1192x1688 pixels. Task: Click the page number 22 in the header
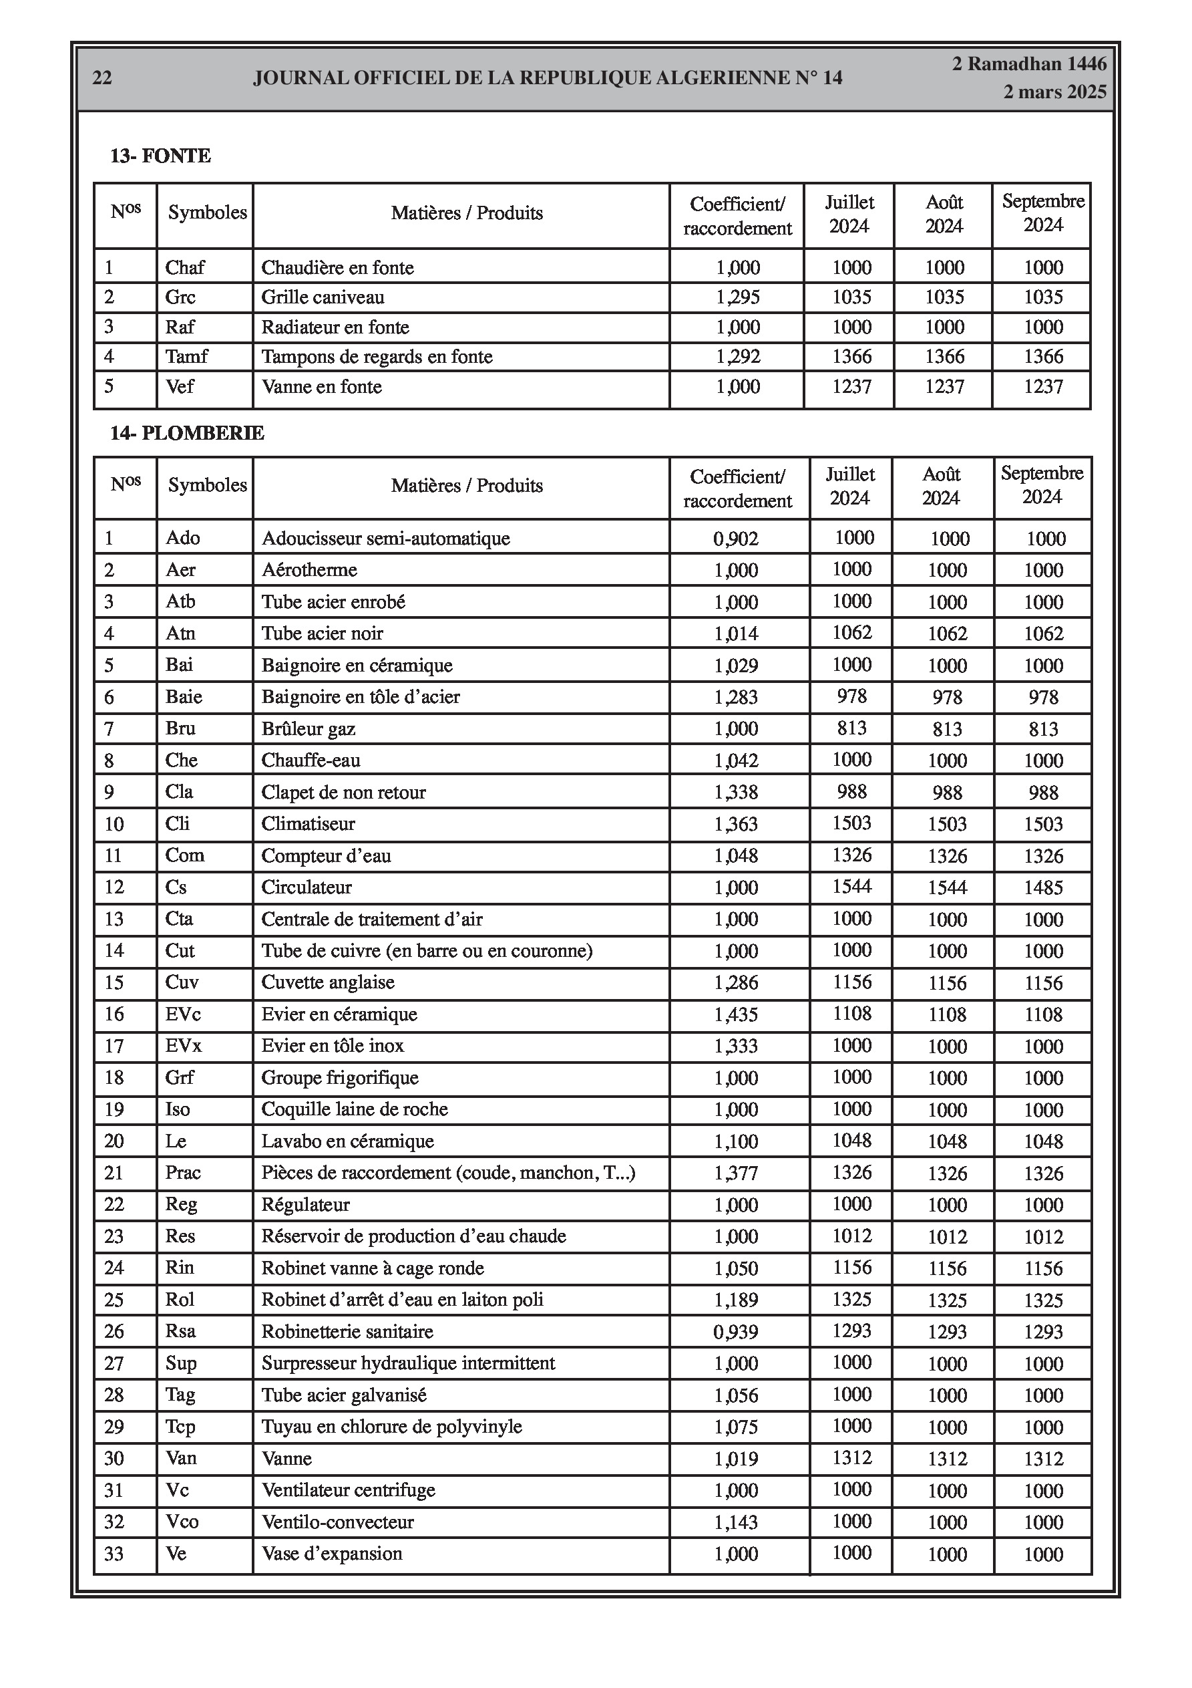point(102,78)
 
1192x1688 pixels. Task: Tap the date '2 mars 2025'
point(1054,92)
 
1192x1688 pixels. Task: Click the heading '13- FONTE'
point(160,156)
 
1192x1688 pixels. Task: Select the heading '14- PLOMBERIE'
point(187,433)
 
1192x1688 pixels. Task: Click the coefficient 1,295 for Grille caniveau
point(738,297)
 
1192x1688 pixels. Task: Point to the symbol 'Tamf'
point(187,357)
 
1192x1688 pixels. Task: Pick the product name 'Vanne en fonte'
point(322,387)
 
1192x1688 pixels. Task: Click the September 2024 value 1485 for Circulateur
point(1044,887)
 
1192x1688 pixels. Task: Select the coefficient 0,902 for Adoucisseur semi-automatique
point(736,539)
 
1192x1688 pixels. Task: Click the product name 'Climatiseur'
point(308,824)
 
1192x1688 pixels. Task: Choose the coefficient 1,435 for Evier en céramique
point(737,1014)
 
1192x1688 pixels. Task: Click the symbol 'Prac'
point(183,1173)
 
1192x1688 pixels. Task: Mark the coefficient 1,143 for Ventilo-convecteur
point(737,1522)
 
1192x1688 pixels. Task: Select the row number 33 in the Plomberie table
point(114,1554)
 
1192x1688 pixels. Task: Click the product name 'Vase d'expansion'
point(332,1554)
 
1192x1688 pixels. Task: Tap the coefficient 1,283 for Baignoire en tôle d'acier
point(737,697)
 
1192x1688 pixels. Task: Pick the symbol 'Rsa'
point(181,1331)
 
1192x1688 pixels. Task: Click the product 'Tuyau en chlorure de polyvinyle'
point(392,1427)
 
